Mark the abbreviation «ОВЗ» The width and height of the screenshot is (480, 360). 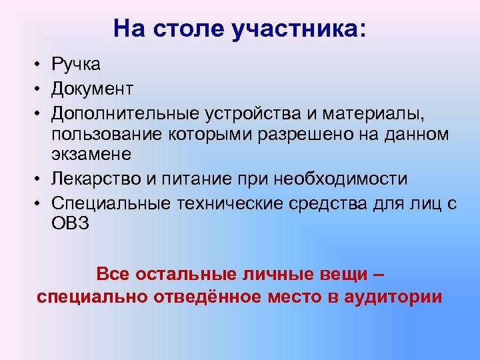pos(70,224)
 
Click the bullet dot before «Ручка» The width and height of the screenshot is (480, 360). pos(41,65)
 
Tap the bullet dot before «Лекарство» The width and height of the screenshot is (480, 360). pos(41,179)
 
